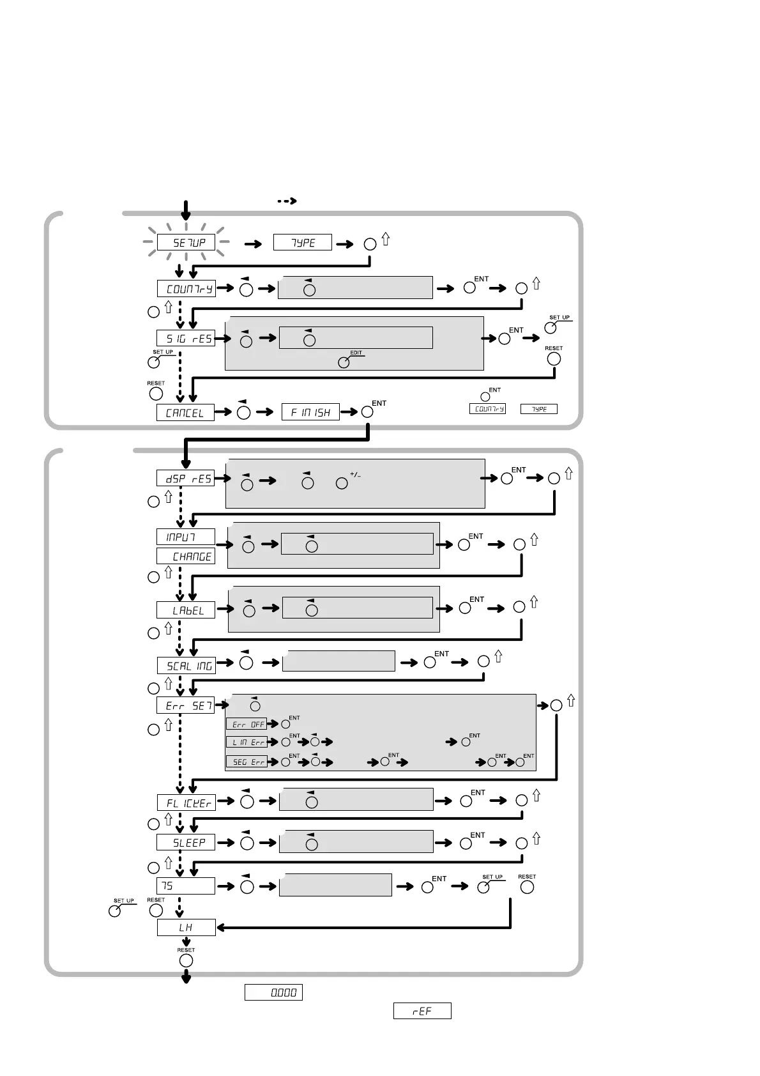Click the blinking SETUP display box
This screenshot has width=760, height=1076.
[186, 243]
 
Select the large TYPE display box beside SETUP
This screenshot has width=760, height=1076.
[303, 243]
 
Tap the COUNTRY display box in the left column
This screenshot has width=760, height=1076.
[186, 289]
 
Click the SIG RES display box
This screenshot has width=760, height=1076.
[186, 338]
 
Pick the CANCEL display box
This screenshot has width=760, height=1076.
[185, 413]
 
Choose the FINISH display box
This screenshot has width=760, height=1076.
[311, 413]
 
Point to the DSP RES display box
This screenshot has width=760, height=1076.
[185, 479]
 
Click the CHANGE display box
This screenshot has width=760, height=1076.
[186, 557]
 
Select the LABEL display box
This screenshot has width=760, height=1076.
[186, 610]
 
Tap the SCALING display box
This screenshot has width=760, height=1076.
[186, 666]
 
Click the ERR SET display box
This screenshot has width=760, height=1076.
[186, 705]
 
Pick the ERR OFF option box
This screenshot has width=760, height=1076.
[247, 725]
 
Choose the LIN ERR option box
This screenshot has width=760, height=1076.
[247, 742]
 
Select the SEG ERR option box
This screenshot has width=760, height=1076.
[247, 762]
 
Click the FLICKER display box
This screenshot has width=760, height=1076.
[186, 803]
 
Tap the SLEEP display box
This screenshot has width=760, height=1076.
[186, 843]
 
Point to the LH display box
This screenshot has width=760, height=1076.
[186, 928]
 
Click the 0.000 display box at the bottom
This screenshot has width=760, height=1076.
[273, 993]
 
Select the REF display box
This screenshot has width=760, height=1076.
[422, 1011]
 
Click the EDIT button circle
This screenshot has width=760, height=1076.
[344, 362]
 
